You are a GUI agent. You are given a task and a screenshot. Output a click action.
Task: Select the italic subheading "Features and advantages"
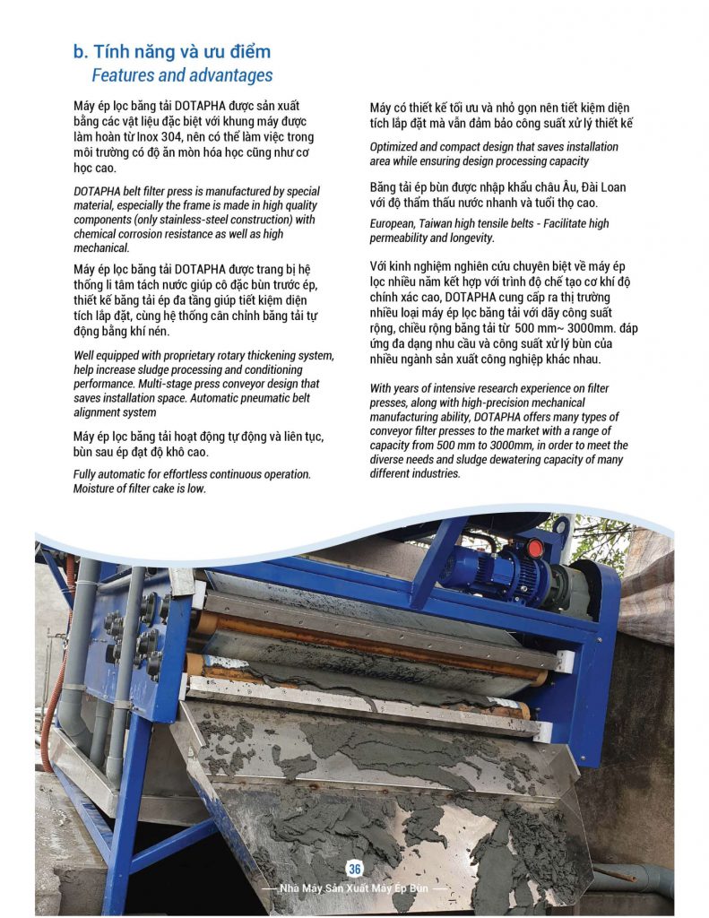[x=182, y=75]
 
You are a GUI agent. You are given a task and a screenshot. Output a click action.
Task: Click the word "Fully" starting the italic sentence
[x=88, y=474]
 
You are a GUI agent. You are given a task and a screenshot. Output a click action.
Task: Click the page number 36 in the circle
[x=354, y=869]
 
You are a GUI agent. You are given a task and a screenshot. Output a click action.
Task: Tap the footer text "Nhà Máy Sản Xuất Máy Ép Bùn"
[x=355, y=888]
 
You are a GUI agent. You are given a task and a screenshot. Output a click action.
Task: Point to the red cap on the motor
[x=534, y=546]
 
